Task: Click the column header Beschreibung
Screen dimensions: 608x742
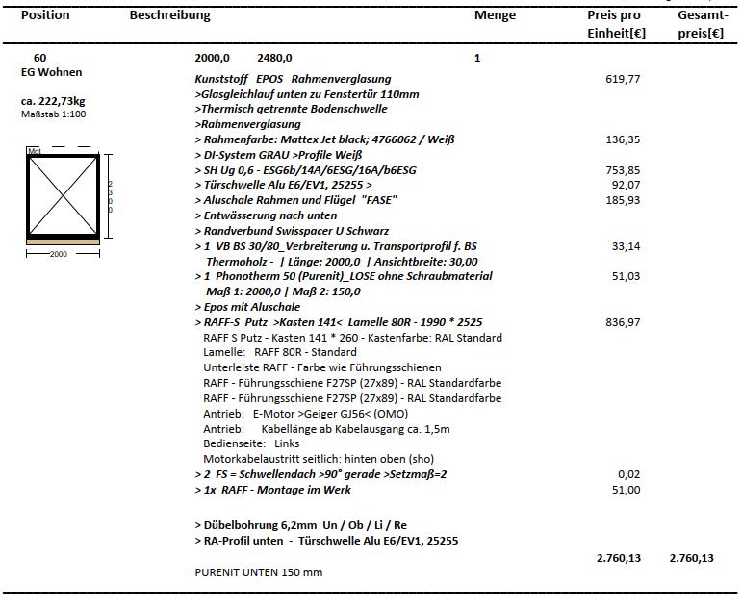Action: (x=169, y=15)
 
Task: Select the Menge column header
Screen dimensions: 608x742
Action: (x=495, y=15)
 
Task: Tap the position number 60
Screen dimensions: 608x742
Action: (x=39, y=58)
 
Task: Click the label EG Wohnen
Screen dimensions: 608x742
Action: (x=51, y=72)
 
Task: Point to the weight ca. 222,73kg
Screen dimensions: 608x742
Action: (x=53, y=101)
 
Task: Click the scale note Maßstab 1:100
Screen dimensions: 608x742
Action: (x=54, y=114)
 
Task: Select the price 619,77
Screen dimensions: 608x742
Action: (x=623, y=79)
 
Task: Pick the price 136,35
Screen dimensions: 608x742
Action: (x=623, y=139)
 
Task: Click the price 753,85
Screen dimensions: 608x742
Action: (x=623, y=169)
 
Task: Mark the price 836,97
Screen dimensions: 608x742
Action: (x=623, y=322)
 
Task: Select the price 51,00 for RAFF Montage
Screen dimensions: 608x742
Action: (x=626, y=490)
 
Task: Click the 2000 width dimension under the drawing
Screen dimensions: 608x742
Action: (x=60, y=255)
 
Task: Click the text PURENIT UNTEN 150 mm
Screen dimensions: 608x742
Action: (x=259, y=572)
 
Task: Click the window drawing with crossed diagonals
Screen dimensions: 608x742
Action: (x=62, y=195)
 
